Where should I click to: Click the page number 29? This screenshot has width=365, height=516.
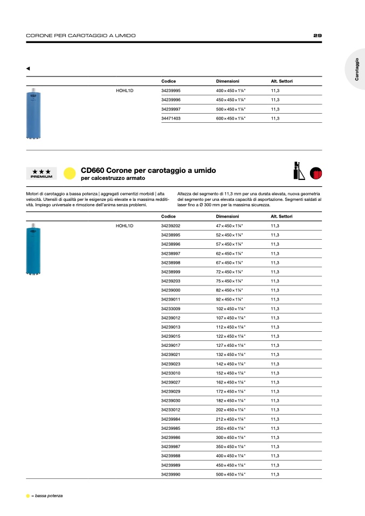click(x=318, y=36)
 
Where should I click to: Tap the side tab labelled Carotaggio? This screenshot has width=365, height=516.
click(x=356, y=69)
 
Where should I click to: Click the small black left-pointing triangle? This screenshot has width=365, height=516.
click(x=28, y=68)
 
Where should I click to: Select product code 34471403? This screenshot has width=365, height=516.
click(x=171, y=118)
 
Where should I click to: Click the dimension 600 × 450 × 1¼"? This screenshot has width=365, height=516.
click(x=231, y=118)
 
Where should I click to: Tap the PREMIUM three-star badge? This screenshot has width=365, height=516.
click(x=42, y=173)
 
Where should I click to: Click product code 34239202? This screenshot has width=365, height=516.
click(x=171, y=226)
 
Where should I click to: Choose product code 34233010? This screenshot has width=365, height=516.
click(x=171, y=373)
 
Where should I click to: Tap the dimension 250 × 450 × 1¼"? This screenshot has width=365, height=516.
click(x=231, y=428)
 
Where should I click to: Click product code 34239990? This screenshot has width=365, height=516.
click(x=171, y=474)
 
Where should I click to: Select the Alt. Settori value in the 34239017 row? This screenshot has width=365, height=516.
click(x=275, y=345)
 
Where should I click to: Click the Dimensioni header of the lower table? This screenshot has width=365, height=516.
click(x=228, y=216)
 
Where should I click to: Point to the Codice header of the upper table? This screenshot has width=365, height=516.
click(x=168, y=81)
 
